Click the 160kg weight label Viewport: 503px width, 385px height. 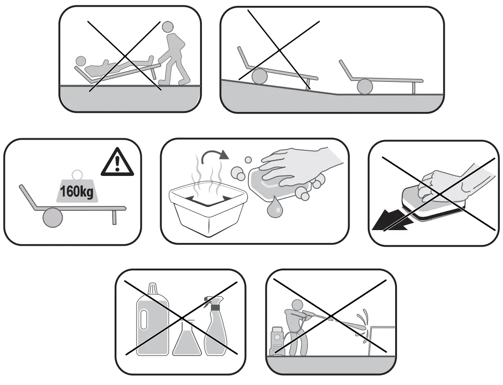(x=77, y=192)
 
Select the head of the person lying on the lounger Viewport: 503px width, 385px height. (x=81, y=61)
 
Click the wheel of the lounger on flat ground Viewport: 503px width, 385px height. (x=365, y=86)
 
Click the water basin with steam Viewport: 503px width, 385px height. (x=208, y=210)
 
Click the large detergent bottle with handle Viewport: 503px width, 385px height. (x=152, y=322)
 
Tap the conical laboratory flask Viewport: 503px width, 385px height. (x=187, y=340)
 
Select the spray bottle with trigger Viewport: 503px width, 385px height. (x=217, y=329)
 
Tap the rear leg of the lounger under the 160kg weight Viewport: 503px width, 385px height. (x=114, y=218)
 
